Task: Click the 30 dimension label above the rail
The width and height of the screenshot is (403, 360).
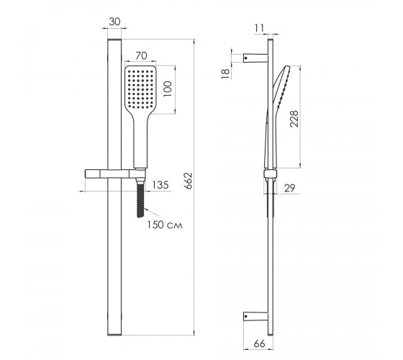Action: tap(114, 22)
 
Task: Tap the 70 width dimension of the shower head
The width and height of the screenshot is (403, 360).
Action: tap(141, 56)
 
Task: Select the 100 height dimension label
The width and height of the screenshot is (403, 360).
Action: tap(167, 89)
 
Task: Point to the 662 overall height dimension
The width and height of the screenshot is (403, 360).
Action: tap(189, 181)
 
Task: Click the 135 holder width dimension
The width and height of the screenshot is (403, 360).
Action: tap(160, 185)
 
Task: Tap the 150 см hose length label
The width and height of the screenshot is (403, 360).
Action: tap(165, 225)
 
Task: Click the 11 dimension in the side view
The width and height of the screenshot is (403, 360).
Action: tap(259, 28)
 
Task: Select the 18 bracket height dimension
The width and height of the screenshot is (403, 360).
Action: tap(225, 73)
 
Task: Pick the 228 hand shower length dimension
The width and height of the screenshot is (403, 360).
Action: tap(294, 119)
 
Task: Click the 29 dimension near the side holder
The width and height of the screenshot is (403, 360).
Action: tap(289, 188)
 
